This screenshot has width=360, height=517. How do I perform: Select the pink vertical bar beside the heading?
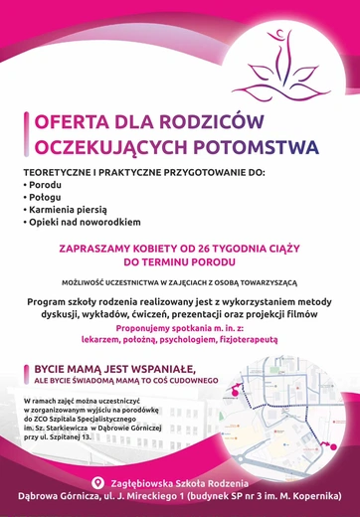point(25,134)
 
